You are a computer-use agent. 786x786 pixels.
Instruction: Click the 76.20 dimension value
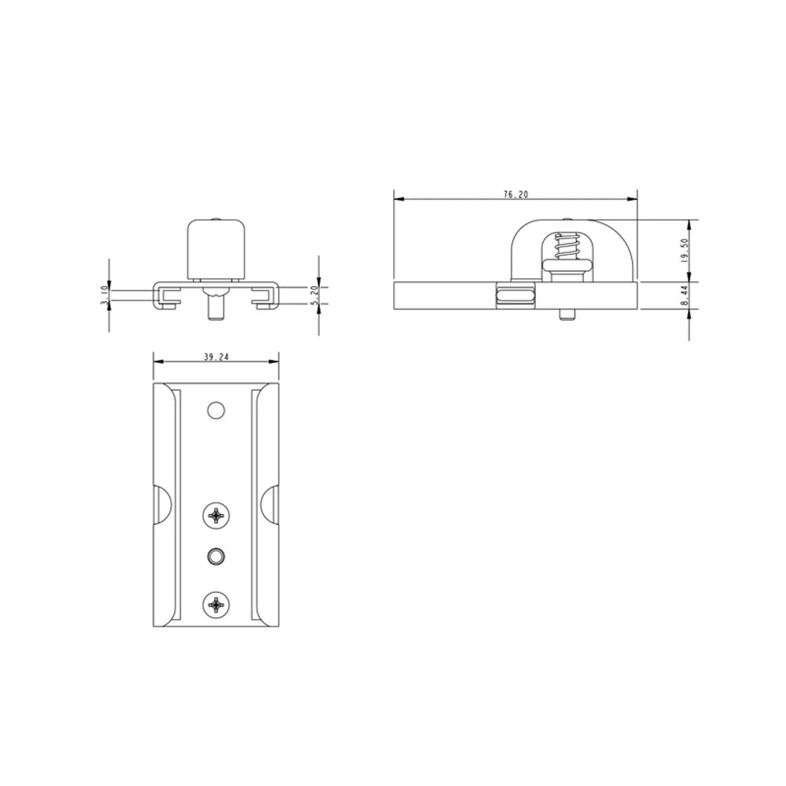pyautogui.click(x=516, y=194)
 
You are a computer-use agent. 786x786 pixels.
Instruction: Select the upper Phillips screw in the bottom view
pyautogui.click(x=215, y=516)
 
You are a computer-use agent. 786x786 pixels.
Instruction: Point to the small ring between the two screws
pyautogui.click(x=215, y=555)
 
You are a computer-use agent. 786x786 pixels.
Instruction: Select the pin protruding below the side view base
pyautogui.click(x=567, y=315)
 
